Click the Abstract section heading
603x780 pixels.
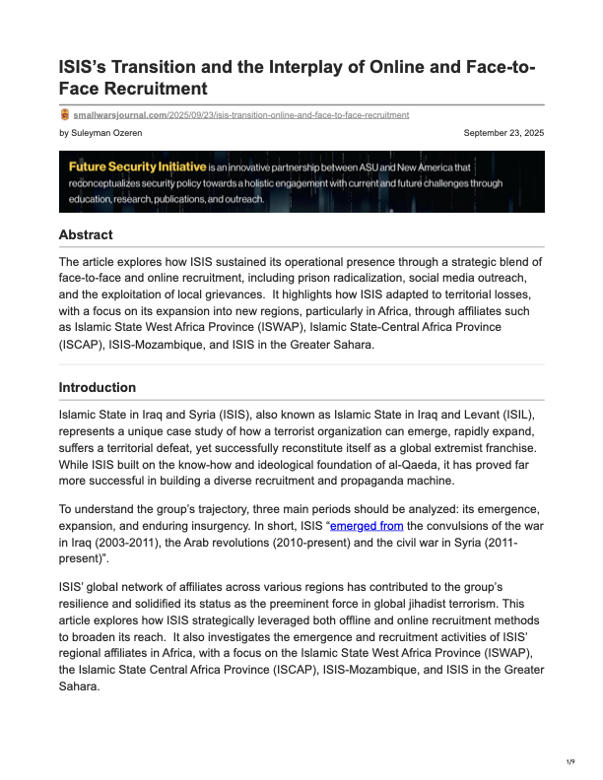point(86,234)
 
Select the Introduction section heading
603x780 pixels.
point(98,387)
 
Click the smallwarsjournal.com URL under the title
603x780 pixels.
point(240,114)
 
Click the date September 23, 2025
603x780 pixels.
point(503,132)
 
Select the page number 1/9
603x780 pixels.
point(570,762)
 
